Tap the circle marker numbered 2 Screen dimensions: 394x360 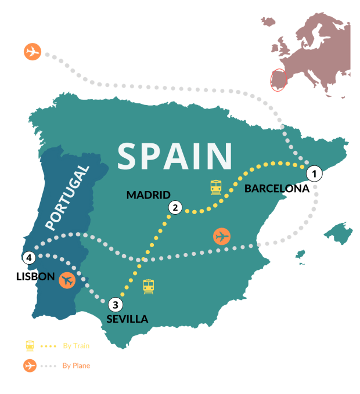175,208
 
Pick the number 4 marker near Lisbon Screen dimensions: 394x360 27,258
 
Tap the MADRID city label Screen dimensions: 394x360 148,194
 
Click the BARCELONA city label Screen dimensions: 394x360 276,188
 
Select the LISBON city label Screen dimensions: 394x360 35,277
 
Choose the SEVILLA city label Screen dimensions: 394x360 127,319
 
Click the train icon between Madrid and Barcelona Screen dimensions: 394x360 216,187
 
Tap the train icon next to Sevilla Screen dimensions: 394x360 149,286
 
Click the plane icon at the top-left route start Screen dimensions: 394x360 33,51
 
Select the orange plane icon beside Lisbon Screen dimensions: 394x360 68,280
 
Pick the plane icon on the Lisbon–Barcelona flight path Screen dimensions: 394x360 222,236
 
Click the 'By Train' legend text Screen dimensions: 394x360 76,346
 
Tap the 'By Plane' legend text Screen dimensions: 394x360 76,366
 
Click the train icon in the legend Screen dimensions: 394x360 30,346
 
